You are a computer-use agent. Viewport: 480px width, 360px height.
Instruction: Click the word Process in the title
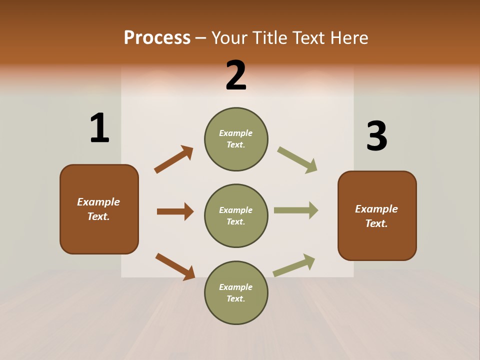pyautogui.click(x=157, y=38)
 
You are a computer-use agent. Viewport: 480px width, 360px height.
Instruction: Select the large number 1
pyautogui.click(x=99, y=128)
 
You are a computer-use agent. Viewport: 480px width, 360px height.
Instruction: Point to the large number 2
pyautogui.click(x=236, y=75)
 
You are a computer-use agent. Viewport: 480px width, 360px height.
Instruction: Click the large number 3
pyautogui.click(x=377, y=136)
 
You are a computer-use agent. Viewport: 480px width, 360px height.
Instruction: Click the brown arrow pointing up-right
pyautogui.click(x=173, y=159)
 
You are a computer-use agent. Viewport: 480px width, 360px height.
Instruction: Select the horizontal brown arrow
pyautogui.click(x=175, y=211)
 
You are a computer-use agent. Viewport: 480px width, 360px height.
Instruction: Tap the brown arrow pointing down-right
pyautogui.click(x=175, y=266)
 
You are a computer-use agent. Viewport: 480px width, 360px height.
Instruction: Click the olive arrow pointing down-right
pyautogui.click(x=297, y=160)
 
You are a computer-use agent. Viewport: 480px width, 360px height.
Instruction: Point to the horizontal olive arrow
pyautogui.click(x=296, y=210)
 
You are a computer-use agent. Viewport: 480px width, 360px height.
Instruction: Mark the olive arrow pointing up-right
pyautogui.click(x=294, y=265)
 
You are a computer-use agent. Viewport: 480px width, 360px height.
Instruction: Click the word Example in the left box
pyautogui.click(x=98, y=202)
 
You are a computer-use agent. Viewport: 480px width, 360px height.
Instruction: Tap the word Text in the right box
pyautogui.click(x=376, y=223)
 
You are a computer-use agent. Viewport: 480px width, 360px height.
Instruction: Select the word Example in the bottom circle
pyautogui.click(x=236, y=287)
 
